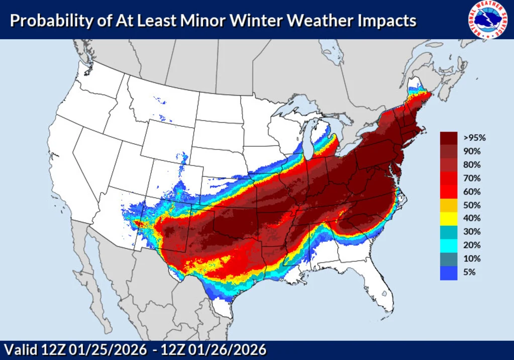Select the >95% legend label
475,137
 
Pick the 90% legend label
472,151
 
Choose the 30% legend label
472,232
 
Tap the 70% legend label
472,178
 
